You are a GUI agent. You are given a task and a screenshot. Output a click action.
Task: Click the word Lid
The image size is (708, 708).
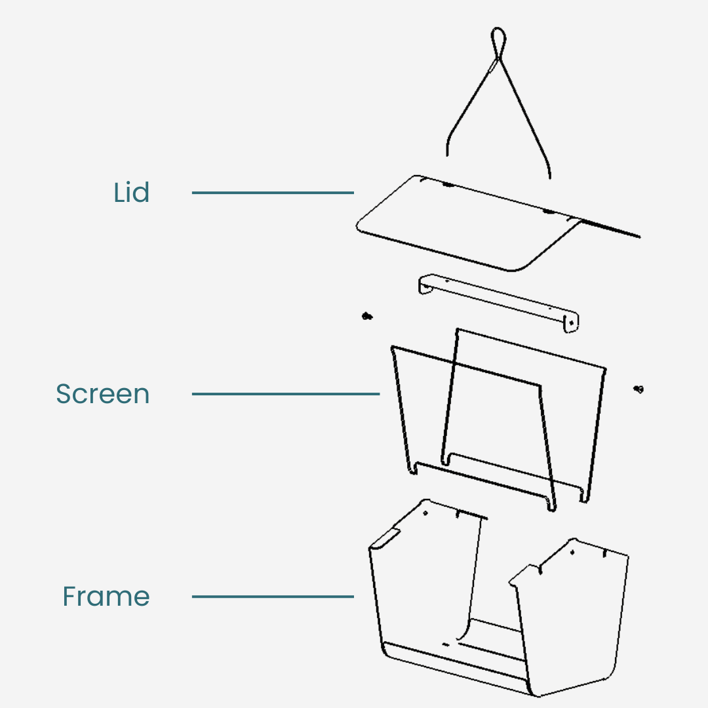tap(132, 193)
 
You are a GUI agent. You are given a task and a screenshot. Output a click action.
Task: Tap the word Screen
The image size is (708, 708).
tap(103, 394)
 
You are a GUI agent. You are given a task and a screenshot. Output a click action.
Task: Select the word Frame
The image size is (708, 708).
tap(106, 597)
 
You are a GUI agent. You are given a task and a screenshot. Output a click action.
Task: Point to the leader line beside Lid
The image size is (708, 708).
tap(273, 193)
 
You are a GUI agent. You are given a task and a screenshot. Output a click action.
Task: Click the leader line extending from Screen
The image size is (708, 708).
tap(286, 394)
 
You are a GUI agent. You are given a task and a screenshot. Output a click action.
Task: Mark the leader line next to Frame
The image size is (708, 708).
tap(273, 597)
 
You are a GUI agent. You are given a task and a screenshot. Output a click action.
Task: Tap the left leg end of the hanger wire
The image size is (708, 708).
tap(447, 152)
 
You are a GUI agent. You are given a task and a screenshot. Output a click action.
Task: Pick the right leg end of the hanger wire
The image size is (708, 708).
tap(549, 175)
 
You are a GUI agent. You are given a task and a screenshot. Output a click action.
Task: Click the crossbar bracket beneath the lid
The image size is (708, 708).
tap(498, 302)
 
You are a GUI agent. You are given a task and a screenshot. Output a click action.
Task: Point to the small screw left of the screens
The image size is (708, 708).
tap(367, 317)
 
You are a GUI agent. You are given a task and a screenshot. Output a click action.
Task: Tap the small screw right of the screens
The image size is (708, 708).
tap(639, 389)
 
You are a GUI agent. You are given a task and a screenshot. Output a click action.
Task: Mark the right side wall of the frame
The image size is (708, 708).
tap(570, 616)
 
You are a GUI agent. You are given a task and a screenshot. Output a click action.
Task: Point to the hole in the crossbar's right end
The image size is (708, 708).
tap(572, 323)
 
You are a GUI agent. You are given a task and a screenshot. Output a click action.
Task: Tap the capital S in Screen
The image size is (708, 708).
tap(64, 394)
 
